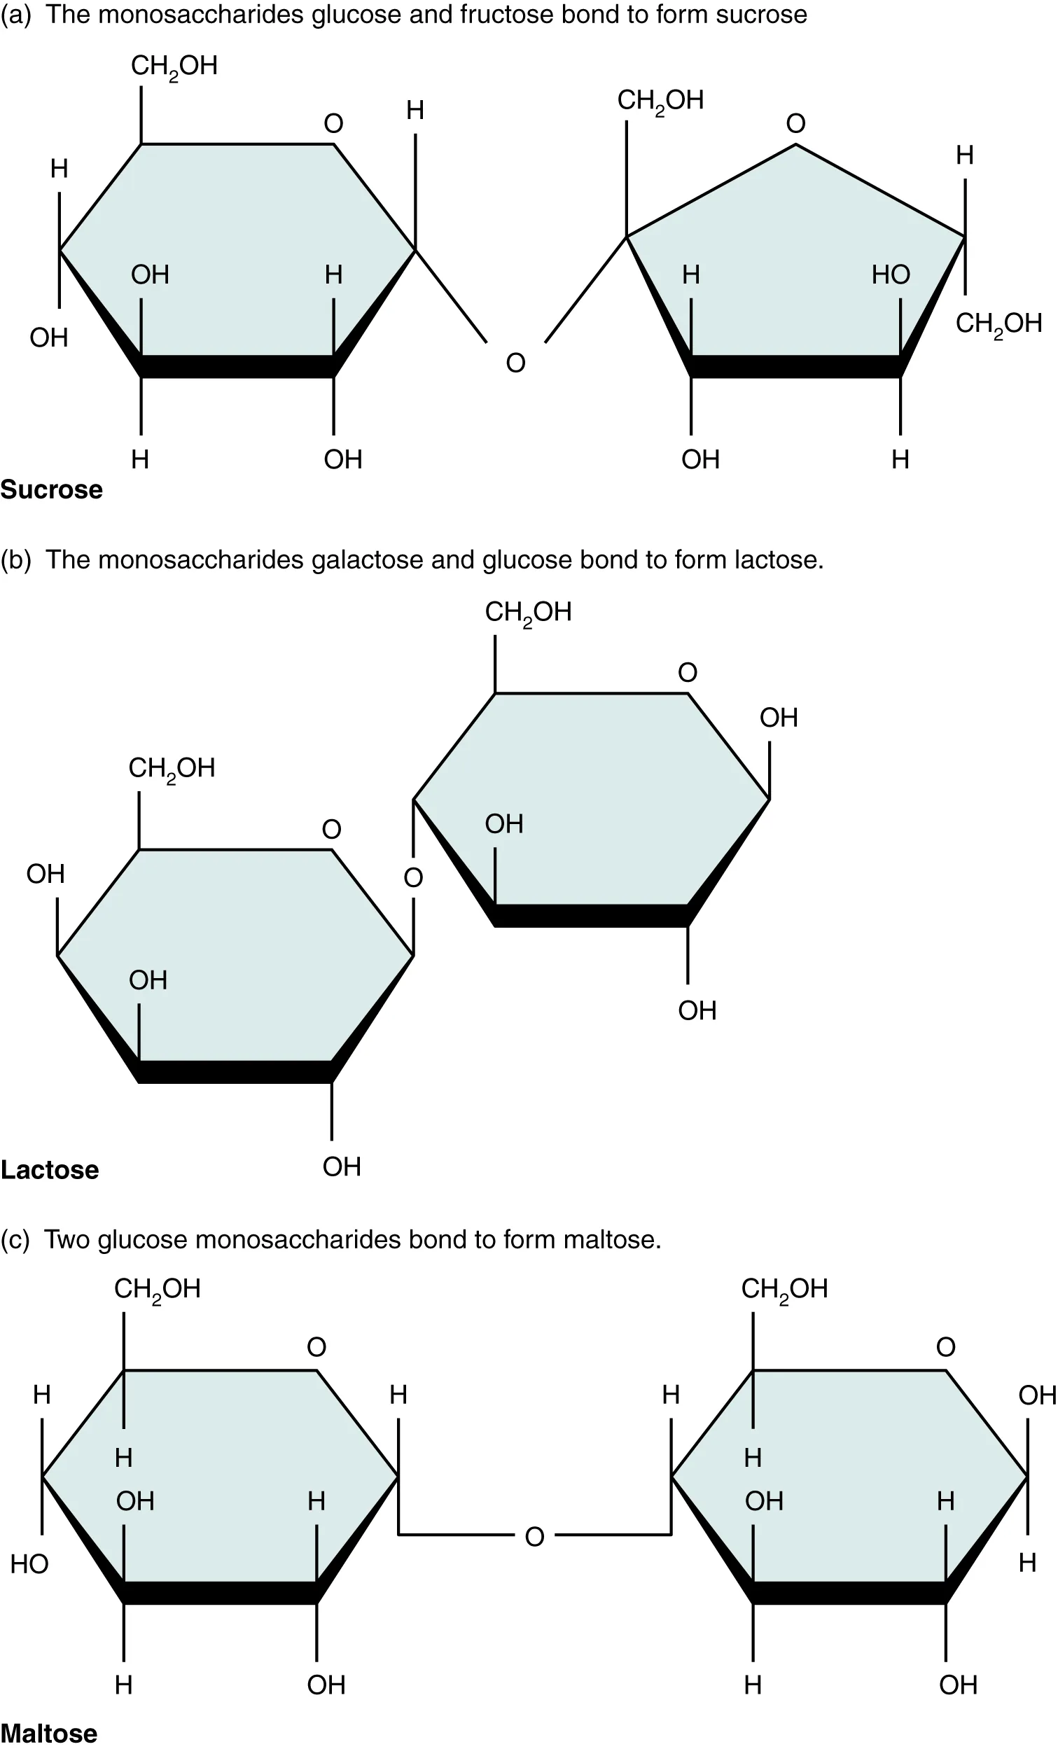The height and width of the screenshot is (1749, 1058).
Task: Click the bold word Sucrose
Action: click(51, 490)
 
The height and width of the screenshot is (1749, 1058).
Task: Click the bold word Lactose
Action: click(50, 1170)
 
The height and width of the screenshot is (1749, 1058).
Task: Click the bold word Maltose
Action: click(49, 1733)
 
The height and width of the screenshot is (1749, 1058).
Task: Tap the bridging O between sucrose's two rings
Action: click(515, 363)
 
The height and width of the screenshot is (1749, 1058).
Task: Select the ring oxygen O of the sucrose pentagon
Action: click(795, 123)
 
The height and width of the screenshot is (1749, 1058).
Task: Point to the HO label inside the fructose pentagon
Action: click(891, 274)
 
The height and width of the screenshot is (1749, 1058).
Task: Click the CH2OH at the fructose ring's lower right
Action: click(998, 323)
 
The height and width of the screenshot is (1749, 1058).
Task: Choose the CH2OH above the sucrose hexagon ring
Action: click(174, 66)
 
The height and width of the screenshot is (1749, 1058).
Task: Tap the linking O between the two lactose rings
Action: click(413, 878)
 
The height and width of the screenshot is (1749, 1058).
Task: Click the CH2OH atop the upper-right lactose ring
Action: click(528, 612)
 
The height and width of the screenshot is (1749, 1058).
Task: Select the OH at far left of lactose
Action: click(46, 874)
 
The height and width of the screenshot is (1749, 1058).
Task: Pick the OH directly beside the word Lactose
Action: click(342, 1166)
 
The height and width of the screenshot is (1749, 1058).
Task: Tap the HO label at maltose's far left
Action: click(29, 1564)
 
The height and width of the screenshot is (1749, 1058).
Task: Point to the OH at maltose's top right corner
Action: click(1037, 1395)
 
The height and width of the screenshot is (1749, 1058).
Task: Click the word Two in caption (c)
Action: click(67, 1239)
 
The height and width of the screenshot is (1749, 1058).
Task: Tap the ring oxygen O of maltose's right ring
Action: click(945, 1346)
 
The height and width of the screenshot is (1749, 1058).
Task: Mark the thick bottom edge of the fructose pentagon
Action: click(795, 366)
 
